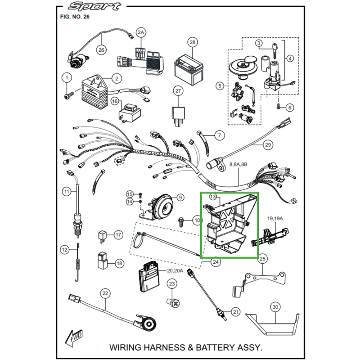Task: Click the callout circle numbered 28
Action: [x=193, y=43]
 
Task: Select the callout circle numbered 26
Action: [x=101, y=50]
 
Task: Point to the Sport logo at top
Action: [x=94, y=7]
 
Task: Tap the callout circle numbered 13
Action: [x=213, y=197]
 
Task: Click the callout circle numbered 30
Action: [x=275, y=307]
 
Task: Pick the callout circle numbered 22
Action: [x=105, y=293]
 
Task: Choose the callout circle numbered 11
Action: [x=67, y=192]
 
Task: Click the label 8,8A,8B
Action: [x=238, y=165]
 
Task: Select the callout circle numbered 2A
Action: [x=141, y=32]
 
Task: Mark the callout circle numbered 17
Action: [x=118, y=235]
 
